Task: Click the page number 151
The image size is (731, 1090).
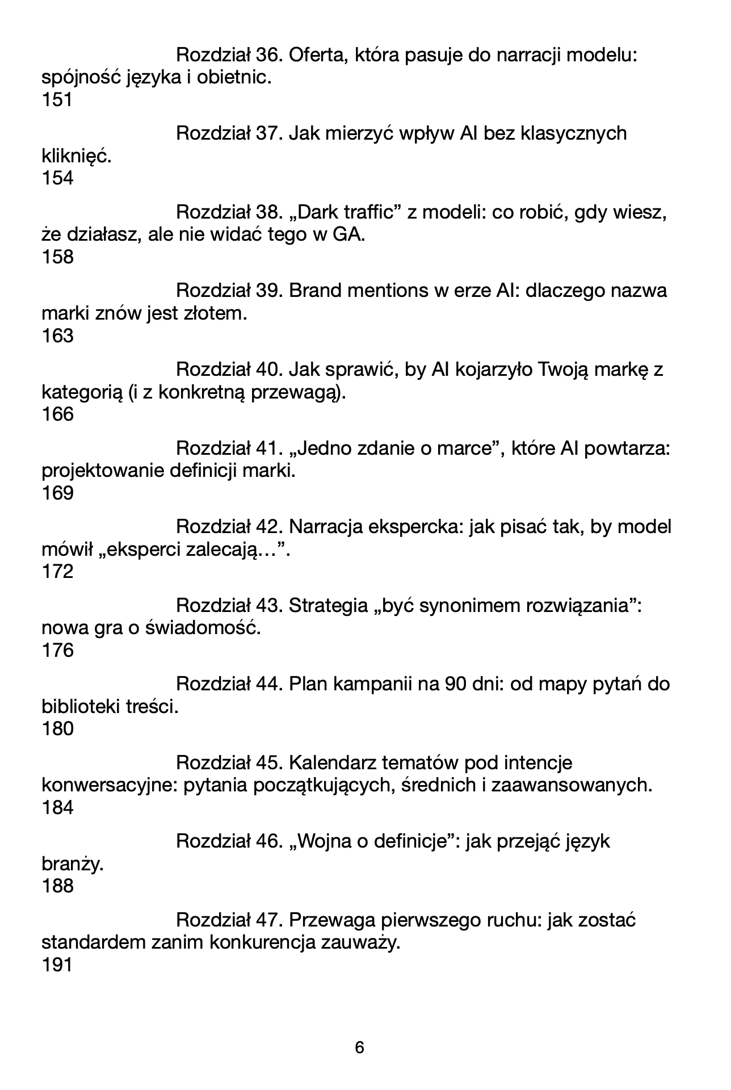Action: (x=57, y=100)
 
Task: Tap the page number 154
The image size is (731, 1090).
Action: (x=57, y=179)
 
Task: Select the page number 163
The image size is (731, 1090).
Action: (x=57, y=336)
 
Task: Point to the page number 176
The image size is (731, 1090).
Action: (x=57, y=651)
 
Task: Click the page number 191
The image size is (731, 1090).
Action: (x=57, y=965)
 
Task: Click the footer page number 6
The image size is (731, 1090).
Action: (x=359, y=1047)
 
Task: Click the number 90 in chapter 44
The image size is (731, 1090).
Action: (x=456, y=684)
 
